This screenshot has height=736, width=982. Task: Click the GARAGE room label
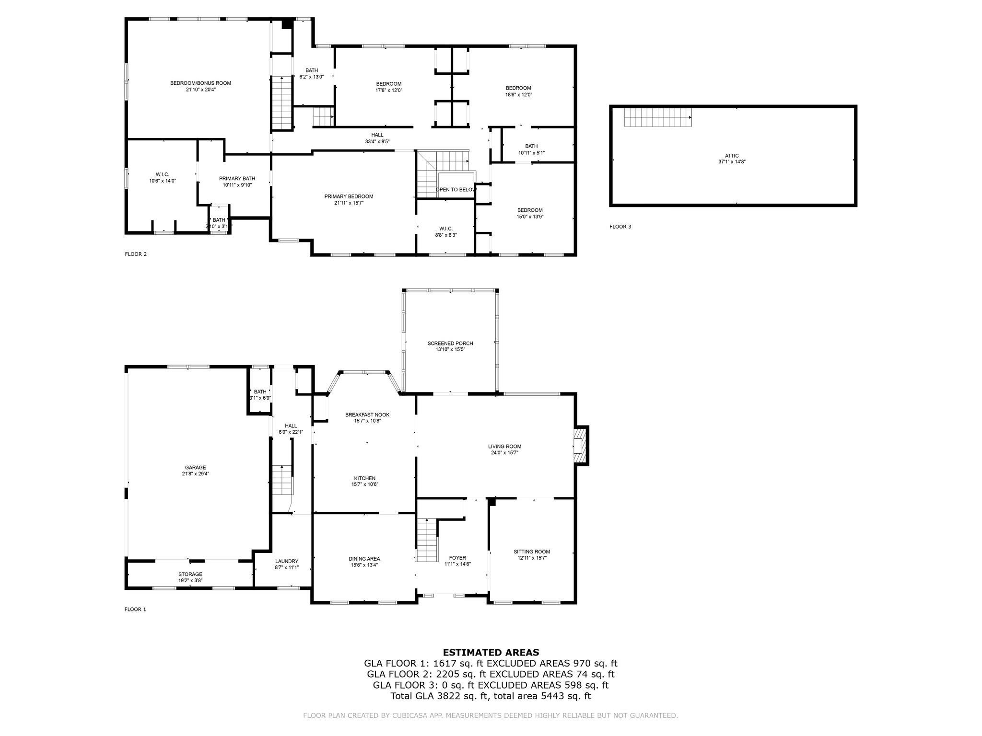195,467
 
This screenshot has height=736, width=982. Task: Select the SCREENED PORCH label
450,343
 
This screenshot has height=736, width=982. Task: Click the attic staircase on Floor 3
657,117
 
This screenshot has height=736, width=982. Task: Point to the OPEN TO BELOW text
455,190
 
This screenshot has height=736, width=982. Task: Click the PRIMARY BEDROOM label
349,196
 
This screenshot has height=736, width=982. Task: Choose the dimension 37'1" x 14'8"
731,162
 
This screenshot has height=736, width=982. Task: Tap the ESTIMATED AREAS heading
491,652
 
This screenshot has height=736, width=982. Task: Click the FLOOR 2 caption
136,254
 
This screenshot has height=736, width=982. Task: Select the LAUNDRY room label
287,561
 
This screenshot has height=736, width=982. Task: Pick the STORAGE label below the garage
190,574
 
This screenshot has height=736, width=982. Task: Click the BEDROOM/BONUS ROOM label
200,83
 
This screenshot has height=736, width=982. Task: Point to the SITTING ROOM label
532,552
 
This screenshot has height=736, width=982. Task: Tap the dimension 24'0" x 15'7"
504,452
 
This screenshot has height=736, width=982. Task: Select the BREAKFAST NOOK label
367,414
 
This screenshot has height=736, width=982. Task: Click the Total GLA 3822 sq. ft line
491,696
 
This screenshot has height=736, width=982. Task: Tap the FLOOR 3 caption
620,227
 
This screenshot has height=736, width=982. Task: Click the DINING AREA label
364,559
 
